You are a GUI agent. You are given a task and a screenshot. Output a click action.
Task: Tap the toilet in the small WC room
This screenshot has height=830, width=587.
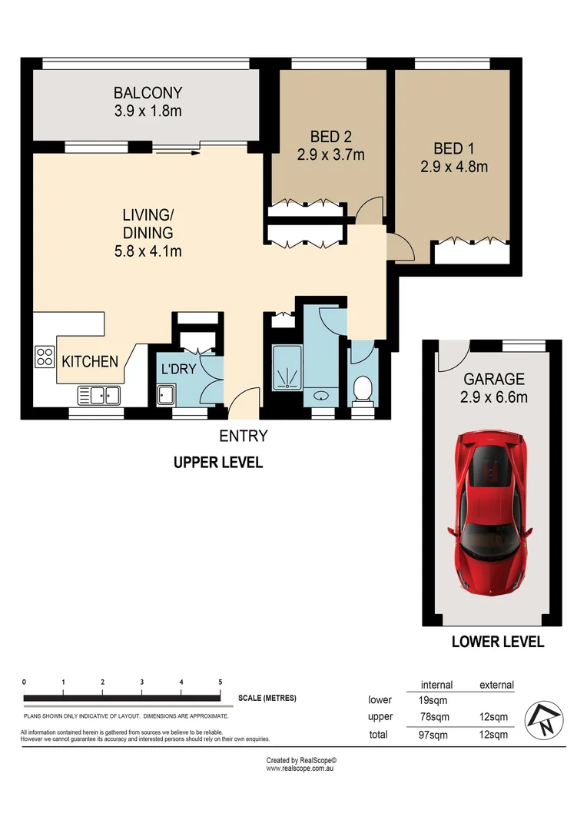360,391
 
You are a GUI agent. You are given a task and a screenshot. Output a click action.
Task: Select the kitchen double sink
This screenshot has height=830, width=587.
98,395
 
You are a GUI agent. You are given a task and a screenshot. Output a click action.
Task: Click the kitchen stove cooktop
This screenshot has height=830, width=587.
43,356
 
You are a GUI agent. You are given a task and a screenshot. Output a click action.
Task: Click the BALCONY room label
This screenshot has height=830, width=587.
147,93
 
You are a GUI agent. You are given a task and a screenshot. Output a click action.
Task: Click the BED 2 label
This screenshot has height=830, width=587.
331,137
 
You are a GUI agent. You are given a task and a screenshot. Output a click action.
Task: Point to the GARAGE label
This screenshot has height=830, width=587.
494,379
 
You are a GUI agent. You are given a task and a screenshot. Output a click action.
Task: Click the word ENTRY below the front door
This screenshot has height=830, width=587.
244,437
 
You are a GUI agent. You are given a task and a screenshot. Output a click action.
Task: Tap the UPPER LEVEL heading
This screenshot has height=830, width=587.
218,463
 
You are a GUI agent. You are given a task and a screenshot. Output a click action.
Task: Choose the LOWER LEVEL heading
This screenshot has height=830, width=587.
497,642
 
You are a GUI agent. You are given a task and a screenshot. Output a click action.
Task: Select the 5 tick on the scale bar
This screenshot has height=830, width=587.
221,682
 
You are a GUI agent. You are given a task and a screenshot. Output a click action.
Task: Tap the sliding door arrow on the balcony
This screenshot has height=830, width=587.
177,152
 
